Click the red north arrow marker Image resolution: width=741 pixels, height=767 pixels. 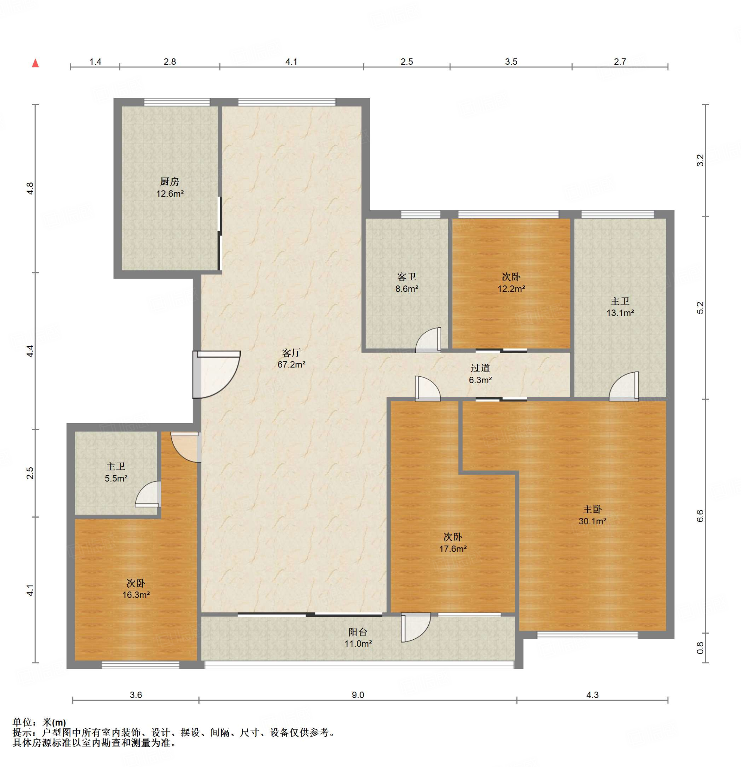[x=35, y=63]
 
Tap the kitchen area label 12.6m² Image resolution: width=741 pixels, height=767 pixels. [x=170, y=194]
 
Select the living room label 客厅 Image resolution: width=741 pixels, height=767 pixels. [x=291, y=353]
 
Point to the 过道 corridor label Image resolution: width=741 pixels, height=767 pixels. [x=480, y=368]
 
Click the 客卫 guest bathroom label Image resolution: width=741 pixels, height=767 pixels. [x=407, y=277]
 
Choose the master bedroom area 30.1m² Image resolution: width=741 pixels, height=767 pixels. [x=593, y=521]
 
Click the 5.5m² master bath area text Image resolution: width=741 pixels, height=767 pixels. [x=116, y=478]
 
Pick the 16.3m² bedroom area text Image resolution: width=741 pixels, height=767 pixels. [x=136, y=595]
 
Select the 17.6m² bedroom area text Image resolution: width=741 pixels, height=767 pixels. [x=453, y=549]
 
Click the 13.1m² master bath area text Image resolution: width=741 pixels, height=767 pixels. [x=620, y=313]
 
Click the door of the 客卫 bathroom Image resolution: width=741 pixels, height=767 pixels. [x=428, y=340]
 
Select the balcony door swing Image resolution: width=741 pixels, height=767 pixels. [x=416, y=628]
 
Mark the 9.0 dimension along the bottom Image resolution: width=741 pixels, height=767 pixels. [x=358, y=695]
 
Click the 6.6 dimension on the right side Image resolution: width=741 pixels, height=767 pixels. [x=700, y=516]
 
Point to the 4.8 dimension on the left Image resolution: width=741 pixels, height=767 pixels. [x=31, y=189]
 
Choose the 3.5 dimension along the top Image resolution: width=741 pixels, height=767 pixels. [x=511, y=62]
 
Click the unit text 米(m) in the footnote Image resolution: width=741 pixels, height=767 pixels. [x=54, y=722]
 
